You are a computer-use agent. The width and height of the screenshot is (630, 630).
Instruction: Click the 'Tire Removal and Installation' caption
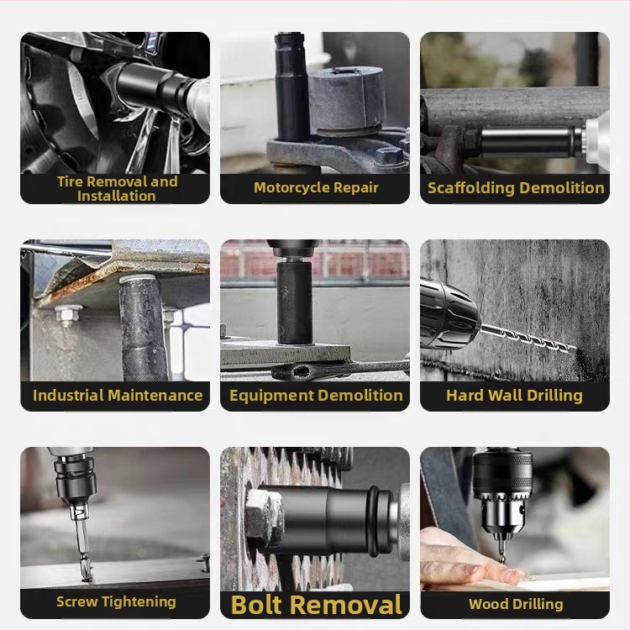coord(117,188)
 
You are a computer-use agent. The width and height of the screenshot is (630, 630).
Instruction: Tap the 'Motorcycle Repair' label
coord(316,187)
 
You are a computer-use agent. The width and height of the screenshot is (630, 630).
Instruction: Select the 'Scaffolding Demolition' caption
coord(516,188)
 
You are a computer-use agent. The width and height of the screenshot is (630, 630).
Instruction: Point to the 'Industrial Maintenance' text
coord(118,396)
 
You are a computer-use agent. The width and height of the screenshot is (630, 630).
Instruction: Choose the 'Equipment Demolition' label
coord(316,396)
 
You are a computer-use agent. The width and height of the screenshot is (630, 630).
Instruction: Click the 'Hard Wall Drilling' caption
coord(514,396)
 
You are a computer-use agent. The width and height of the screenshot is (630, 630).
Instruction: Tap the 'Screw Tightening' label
coord(116,601)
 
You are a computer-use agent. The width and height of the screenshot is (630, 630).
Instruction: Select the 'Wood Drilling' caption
coord(516,604)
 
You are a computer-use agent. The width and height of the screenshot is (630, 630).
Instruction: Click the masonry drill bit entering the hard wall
coord(528,338)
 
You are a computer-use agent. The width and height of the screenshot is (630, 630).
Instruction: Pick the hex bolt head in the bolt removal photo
coord(264,517)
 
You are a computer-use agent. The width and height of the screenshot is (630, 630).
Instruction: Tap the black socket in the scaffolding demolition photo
coord(530,142)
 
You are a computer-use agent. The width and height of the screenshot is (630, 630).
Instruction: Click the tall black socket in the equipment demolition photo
coord(294,302)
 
